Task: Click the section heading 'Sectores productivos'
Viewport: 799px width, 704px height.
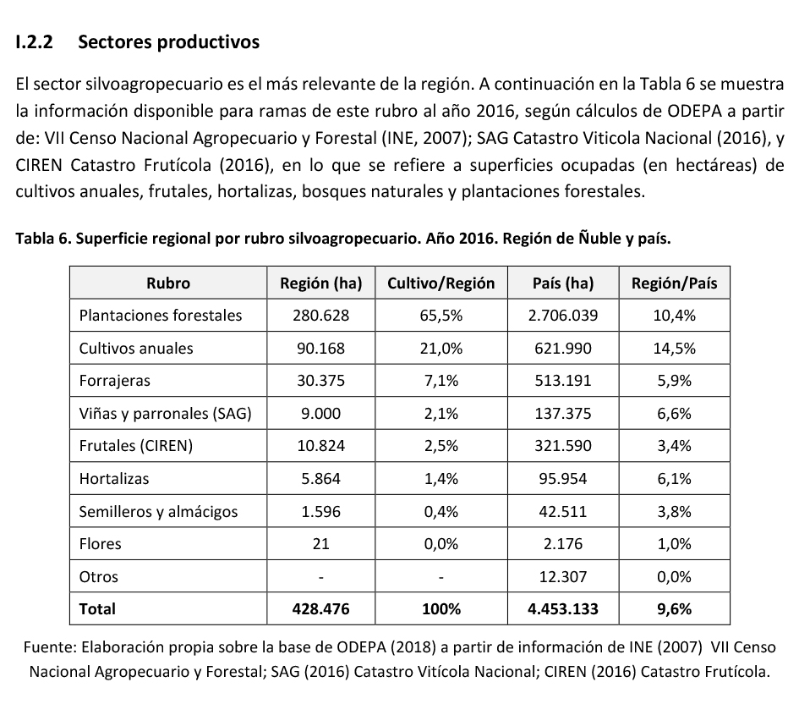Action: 168,42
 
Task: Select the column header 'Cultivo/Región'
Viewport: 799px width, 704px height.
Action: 441,283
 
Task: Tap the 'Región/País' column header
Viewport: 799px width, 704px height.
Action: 674,283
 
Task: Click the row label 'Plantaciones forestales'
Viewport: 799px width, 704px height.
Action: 161,316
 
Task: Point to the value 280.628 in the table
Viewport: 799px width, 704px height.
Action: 320,316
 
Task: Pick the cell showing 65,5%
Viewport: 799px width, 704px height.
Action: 441,316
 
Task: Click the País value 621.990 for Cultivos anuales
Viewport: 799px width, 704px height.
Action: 561,348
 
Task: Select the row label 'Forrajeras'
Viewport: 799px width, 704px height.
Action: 114,381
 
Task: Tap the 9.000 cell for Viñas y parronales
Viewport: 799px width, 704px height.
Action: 320,413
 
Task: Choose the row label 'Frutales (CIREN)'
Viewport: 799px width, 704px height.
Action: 136,446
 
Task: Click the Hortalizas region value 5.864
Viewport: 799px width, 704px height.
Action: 320,478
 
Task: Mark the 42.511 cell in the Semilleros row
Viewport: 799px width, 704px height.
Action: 561,511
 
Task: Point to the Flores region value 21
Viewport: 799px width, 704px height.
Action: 320,544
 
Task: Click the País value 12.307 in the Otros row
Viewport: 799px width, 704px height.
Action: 561,576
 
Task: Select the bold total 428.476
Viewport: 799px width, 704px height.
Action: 320,608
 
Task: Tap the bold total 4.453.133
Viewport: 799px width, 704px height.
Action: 561,608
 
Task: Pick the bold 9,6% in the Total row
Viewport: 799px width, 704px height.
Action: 674,608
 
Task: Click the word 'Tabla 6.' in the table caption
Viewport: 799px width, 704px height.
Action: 43,239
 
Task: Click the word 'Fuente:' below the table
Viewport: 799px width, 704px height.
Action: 50,648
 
